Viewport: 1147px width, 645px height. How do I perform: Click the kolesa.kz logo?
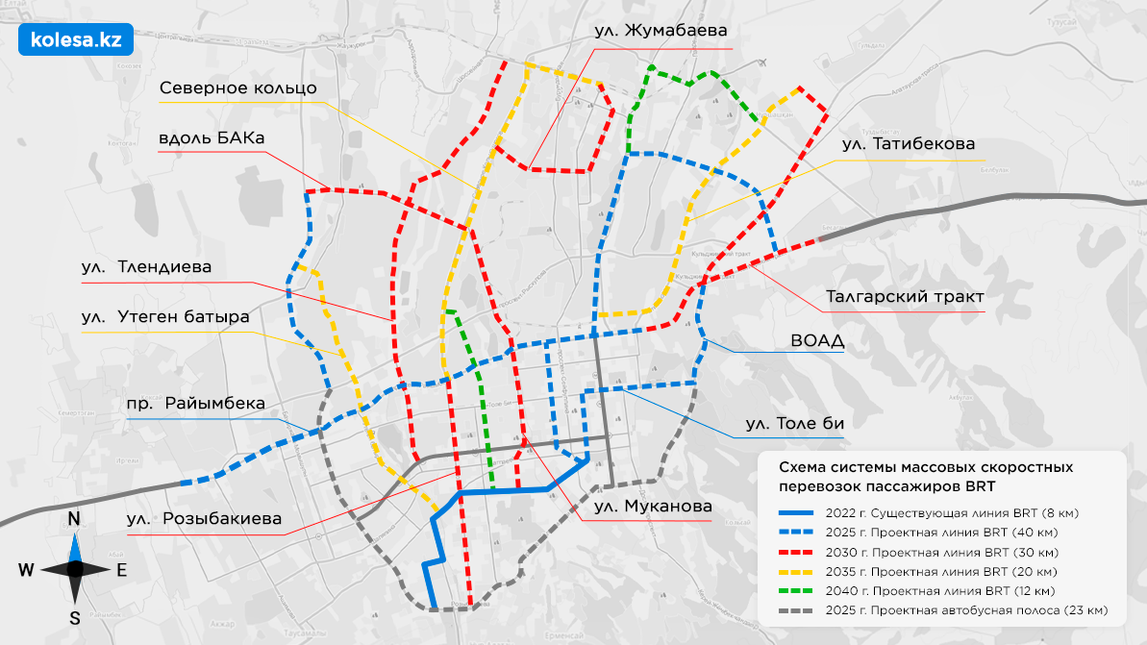75,39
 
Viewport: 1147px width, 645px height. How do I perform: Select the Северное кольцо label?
237,88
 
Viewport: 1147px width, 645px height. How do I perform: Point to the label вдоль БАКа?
212,137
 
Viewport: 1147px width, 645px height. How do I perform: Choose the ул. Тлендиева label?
146,267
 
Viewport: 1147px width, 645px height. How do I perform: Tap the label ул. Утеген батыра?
165,316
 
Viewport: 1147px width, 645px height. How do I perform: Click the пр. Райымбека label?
195,403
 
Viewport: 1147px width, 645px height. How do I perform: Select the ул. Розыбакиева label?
205,521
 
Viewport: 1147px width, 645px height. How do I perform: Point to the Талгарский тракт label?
905,296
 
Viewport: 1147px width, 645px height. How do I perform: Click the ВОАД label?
816,340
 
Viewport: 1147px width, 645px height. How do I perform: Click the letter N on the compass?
74,520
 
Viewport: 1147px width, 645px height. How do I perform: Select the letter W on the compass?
26,569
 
